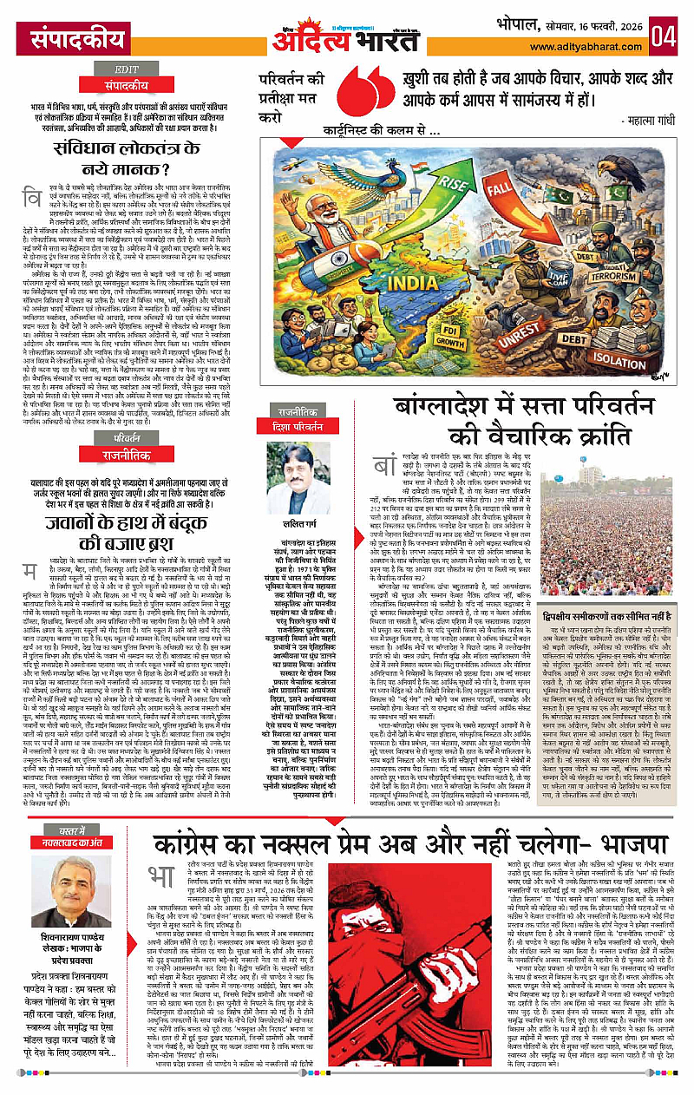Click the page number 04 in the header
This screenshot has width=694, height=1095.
pyautogui.click(x=667, y=36)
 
